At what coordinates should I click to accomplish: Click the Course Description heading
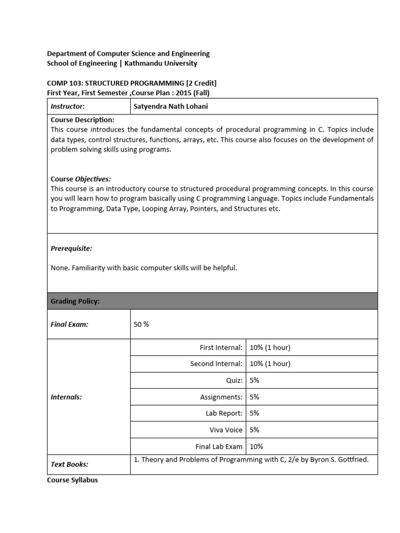click(82, 120)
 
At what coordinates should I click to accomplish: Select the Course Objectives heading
click(81, 179)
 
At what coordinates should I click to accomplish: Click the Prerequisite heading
click(71, 249)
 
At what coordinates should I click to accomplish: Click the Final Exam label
click(69, 324)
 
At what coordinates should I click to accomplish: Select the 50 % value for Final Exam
click(141, 324)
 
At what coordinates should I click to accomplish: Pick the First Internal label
click(221, 347)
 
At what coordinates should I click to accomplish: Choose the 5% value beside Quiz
click(254, 380)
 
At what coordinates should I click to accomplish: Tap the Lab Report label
click(224, 413)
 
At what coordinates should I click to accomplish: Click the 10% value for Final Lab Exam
click(256, 447)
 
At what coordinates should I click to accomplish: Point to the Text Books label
click(69, 464)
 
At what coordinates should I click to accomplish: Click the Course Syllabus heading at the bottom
click(72, 480)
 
